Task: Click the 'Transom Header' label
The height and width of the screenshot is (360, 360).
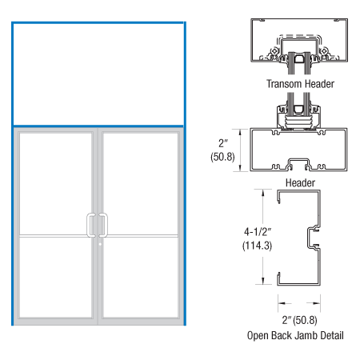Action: coord(300,83)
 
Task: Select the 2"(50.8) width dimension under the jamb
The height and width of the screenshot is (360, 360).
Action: coord(301,318)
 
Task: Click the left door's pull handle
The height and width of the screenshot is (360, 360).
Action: coord(90,225)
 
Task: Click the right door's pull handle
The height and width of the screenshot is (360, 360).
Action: coord(102,225)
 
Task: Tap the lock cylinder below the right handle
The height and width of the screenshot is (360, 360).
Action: coord(101,244)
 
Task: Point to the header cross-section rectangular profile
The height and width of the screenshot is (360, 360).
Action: coord(300,150)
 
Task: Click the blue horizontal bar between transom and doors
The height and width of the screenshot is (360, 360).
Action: coord(98,126)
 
